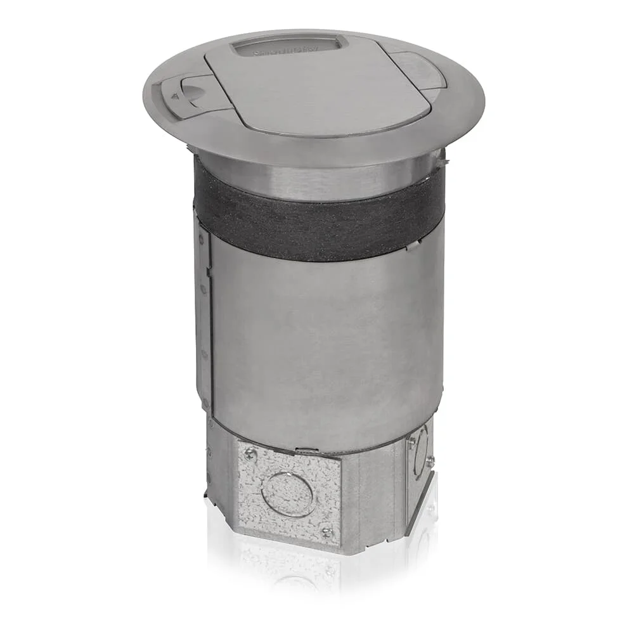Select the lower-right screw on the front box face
(x=327, y=531)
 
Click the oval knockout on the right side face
(x=420, y=451)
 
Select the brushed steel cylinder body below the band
(x=323, y=342)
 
